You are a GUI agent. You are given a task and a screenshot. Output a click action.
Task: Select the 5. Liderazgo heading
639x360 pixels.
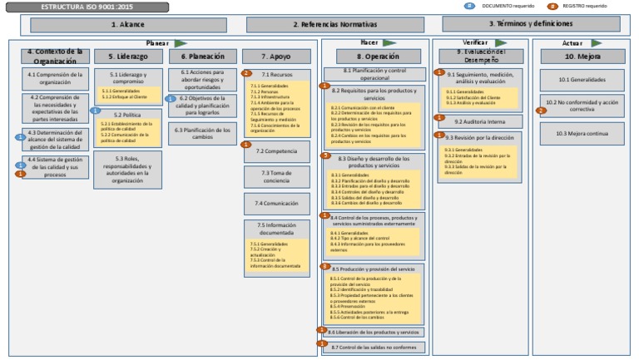[121, 57]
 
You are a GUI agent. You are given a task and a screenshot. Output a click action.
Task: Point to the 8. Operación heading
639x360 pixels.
[373, 57]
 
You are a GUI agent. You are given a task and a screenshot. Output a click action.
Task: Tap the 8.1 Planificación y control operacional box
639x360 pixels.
[373, 73]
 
